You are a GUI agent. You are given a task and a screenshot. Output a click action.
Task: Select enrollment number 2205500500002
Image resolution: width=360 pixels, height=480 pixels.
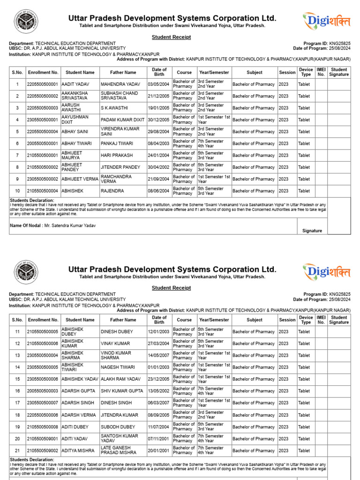click(43, 96)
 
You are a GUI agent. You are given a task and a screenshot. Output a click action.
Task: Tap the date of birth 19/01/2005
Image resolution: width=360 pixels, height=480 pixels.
click(159, 108)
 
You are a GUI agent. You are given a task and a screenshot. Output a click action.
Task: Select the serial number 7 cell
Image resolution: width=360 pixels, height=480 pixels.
click(17, 156)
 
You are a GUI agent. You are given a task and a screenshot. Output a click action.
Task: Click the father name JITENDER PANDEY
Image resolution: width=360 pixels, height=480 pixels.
click(117, 167)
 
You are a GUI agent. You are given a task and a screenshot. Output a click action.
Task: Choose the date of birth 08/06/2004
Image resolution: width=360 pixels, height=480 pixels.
click(159, 191)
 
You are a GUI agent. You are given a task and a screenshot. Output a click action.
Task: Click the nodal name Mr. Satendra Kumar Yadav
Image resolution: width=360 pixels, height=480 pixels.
click(69, 225)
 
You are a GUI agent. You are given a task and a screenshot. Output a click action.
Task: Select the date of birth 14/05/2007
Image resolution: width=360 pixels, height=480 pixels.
click(159, 355)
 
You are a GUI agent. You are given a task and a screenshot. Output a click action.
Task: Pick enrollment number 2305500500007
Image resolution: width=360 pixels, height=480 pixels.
click(43, 403)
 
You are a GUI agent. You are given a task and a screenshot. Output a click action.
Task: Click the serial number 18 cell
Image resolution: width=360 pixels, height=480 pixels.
click(17, 415)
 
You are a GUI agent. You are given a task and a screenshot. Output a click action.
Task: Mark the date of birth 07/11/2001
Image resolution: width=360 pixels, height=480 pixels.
click(159, 439)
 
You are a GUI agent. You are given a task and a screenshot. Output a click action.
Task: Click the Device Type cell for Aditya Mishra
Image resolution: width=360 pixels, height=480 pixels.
click(306, 450)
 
